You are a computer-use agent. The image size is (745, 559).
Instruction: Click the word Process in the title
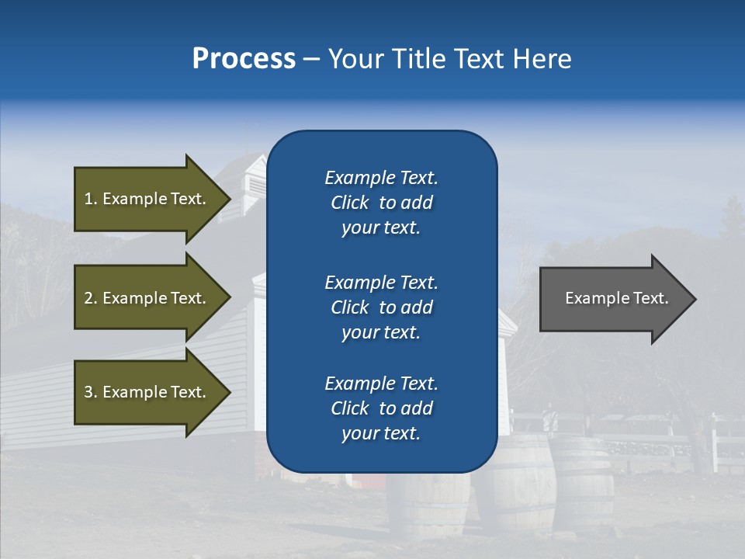(244, 59)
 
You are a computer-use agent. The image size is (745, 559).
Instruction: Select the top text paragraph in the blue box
(381, 203)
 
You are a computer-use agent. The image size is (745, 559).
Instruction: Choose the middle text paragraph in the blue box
(381, 307)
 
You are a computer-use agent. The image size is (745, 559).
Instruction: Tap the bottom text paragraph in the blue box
(381, 408)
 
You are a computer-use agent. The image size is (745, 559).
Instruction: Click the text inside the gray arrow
(617, 298)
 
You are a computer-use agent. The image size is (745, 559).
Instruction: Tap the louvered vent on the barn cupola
(255, 186)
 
